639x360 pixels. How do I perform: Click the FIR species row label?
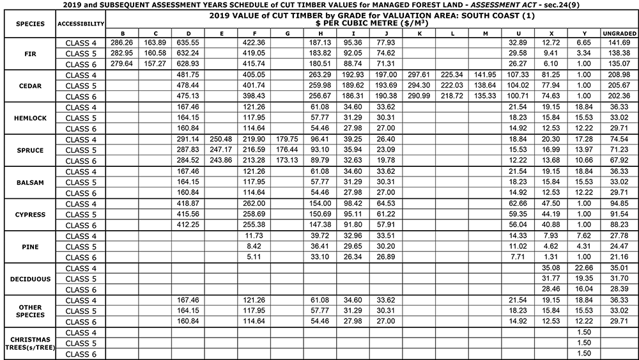(x=27, y=53)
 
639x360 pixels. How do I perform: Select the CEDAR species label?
(x=27, y=85)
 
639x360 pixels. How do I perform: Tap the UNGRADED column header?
(x=619, y=33)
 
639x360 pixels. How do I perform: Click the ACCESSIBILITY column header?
(x=81, y=24)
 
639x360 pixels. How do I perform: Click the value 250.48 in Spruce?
(x=220, y=139)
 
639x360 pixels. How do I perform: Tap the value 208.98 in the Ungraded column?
(x=619, y=75)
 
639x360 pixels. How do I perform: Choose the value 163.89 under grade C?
(x=155, y=42)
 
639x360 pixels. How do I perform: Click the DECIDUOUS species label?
(x=27, y=279)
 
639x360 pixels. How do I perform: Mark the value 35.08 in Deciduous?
(x=551, y=268)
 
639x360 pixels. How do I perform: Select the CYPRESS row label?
(x=27, y=214)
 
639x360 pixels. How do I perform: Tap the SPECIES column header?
(x=27, y=24)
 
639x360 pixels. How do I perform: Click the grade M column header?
(x=486, y=33)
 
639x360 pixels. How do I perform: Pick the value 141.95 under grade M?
(x=486, y=75)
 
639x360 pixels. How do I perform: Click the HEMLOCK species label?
(x=27, y=118)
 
